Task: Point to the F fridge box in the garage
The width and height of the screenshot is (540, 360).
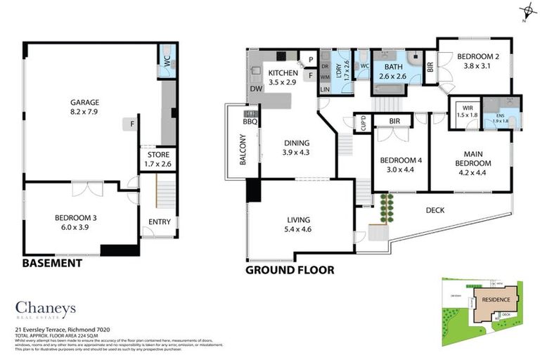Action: [x=131, y=124]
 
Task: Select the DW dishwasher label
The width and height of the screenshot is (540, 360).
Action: [x=255, y=89]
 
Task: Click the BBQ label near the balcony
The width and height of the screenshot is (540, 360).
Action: [x=250, y=122]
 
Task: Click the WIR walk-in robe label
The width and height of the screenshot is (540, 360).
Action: [x=465, y=112]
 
